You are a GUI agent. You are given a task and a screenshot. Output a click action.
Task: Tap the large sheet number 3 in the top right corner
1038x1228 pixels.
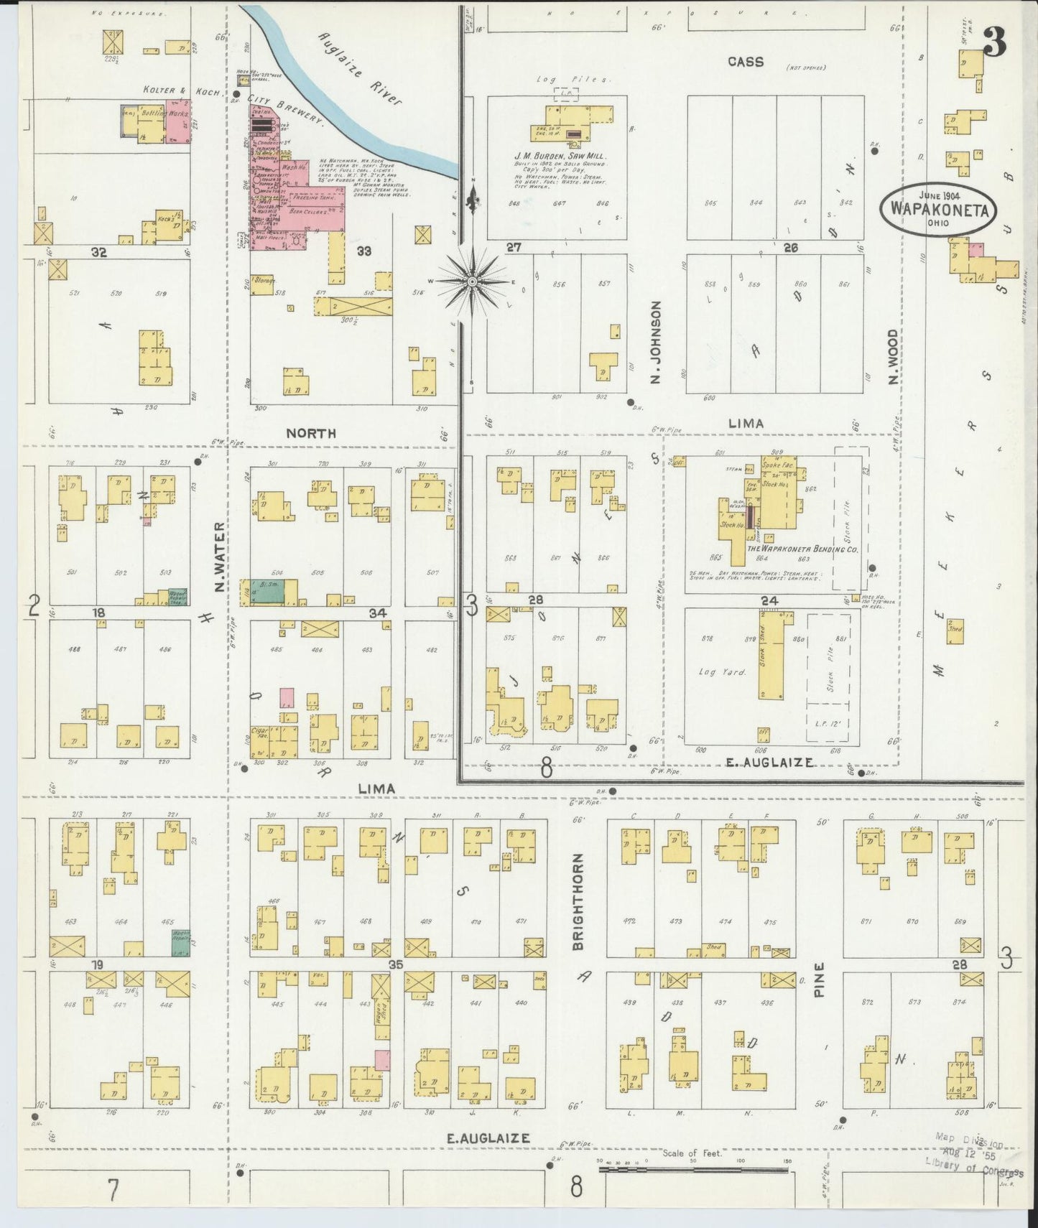(x=995, y=45)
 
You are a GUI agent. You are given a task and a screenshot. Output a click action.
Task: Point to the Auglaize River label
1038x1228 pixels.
(x=361, y=68)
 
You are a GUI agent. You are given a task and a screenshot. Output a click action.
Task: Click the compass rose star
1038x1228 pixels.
(x=472, y=282)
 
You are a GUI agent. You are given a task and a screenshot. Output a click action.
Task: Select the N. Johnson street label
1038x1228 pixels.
(x=655, y=342)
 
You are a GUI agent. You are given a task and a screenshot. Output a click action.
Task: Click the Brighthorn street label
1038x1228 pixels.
(x=579, y=902)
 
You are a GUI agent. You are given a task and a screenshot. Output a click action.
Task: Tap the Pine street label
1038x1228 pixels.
(x=820, y=979)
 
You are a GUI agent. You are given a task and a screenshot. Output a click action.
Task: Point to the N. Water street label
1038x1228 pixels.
(x=220, y=558)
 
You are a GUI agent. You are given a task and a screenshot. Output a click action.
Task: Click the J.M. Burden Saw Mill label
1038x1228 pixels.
(x=560, y=156)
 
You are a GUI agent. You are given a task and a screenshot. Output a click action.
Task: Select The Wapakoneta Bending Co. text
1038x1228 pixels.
(x=802, y=549)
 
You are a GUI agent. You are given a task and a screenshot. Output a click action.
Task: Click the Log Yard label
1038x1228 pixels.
(x=723, y=672)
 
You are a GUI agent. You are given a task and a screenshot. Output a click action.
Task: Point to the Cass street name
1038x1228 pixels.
(x=745, y=62)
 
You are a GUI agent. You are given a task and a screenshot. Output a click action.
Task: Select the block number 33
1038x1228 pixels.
(x=364, y=251)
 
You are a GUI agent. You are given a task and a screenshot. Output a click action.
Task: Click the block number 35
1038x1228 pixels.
(x=394, y=964)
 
